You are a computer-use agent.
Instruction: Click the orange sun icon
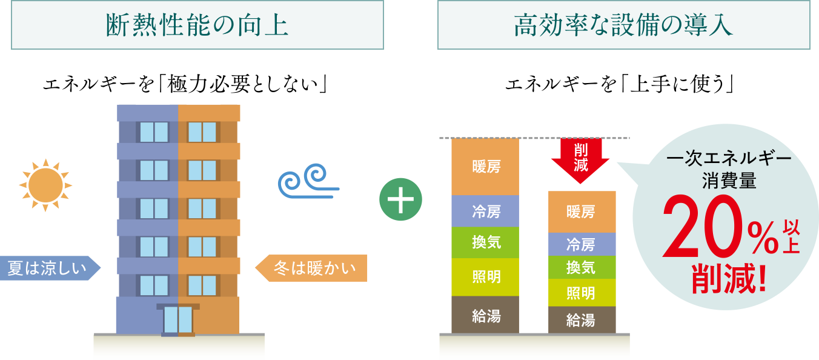tap(45, 185)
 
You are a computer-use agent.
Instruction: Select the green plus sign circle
tap(400, 200)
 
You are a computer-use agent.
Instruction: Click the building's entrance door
tap(177, 319)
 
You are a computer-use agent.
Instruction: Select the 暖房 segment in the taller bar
tap(485, 167)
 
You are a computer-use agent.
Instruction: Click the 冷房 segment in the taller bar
tap(485, 211)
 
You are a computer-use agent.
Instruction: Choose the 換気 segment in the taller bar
tap(485, 242)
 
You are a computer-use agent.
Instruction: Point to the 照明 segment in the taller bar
tap(485, 277)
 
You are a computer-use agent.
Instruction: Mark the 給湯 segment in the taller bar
tap(485, 315)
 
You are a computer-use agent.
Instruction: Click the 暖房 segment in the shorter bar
tap(582, 212)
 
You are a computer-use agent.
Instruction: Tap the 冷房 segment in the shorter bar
tap(582, 244)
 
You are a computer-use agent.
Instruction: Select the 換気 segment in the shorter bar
tap(582, 267)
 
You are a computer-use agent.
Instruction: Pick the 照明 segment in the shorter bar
tap(582, 293)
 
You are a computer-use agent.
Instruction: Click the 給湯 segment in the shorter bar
tap(582, 319)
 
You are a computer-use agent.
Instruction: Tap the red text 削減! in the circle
tap(729, 278)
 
